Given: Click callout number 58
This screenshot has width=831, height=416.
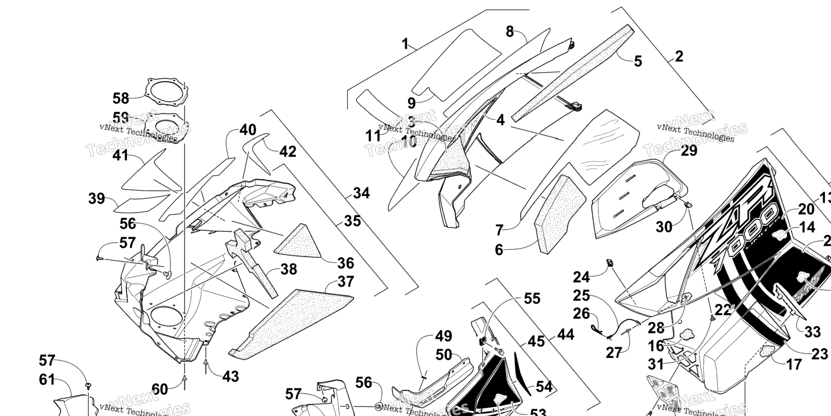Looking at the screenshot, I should click(121, 99).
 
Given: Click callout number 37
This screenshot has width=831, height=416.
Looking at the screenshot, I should click(345, 281).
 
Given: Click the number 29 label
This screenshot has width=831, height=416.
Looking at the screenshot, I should click(689, 151).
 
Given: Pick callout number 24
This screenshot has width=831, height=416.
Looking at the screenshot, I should click(582, 278).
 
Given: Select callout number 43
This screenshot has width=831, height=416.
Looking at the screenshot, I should click(230, 376).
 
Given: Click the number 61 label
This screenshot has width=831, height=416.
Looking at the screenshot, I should click(47, 380).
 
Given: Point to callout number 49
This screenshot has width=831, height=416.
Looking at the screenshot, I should click(443, 337).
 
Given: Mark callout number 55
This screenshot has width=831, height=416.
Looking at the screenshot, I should click(532, 298).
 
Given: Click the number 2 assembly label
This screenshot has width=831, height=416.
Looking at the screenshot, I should click(679, 56).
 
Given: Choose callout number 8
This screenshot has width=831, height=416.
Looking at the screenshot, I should click(510, 31).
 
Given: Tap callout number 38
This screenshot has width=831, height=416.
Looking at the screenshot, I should click(289, 269).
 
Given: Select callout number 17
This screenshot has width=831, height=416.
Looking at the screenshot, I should click(794, 365).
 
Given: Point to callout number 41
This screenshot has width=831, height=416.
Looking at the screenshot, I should click(121, 155).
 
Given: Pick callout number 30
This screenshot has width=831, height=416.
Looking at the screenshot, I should click(664, 227).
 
